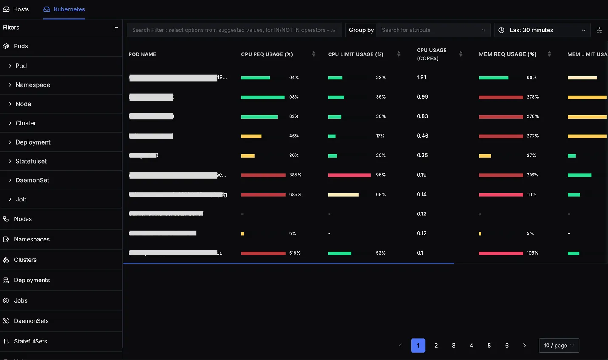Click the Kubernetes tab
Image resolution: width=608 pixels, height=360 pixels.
click(64, 9)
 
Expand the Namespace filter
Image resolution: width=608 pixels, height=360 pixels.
click(33, 85)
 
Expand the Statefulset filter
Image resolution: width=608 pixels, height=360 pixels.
click(31, 161)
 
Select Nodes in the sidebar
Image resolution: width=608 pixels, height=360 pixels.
click(23, 219)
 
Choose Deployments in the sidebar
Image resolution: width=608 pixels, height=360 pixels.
click(32, 281)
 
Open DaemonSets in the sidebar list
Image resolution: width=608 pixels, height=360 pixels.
click(31, 321)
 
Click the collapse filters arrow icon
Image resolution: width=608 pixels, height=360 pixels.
click(115, 28)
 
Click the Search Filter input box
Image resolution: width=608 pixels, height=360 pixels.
click(230, 30)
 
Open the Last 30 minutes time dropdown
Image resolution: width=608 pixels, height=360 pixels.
click(542, 30)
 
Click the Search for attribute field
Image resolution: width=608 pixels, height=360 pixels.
click(429, 30)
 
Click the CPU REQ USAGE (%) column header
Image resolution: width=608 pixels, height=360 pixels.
click(267, 54)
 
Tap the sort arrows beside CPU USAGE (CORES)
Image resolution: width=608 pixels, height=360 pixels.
click(460, 54)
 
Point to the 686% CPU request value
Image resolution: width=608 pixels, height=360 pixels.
click(295, 195)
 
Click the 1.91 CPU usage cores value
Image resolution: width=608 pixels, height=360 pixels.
click(421, 77)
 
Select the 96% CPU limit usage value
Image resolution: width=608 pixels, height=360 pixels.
click(381, 175)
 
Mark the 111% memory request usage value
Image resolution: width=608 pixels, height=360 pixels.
click(531, 195)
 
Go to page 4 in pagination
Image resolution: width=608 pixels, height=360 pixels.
click(471, 346)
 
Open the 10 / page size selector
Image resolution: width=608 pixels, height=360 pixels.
click(558, 346)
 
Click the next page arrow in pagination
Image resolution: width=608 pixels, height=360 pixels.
click(524, 346)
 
